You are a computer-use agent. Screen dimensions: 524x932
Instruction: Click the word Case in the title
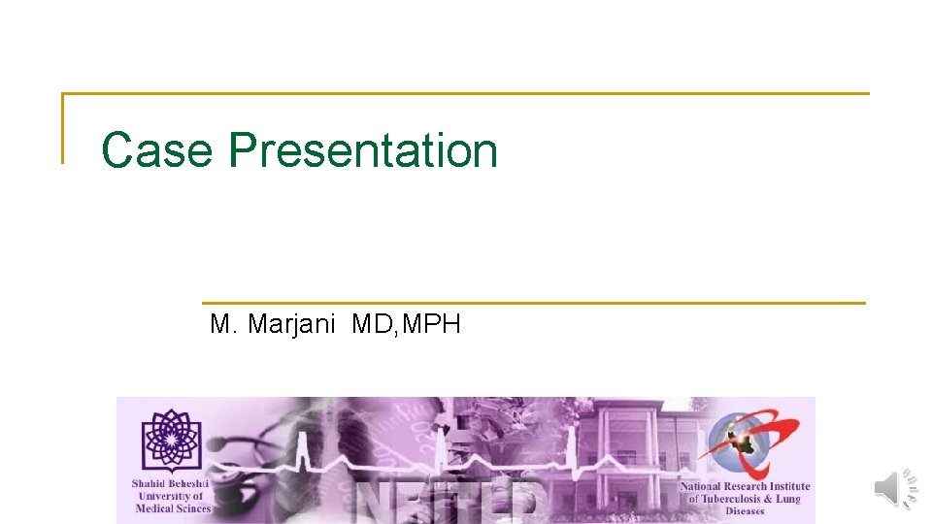click(x=156, y=151)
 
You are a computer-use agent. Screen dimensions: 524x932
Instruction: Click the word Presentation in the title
click(x=363, y=151)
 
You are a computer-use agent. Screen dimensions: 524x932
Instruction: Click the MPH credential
click(x=430, y=324)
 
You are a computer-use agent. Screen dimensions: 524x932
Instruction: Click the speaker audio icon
click(x=895, y=488)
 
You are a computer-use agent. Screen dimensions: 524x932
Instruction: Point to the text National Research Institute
click(x=745, y=486)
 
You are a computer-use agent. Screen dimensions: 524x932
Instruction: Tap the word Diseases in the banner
click(x=745, y=511)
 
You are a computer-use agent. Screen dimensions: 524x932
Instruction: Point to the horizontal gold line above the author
click(x=534, y=303)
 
